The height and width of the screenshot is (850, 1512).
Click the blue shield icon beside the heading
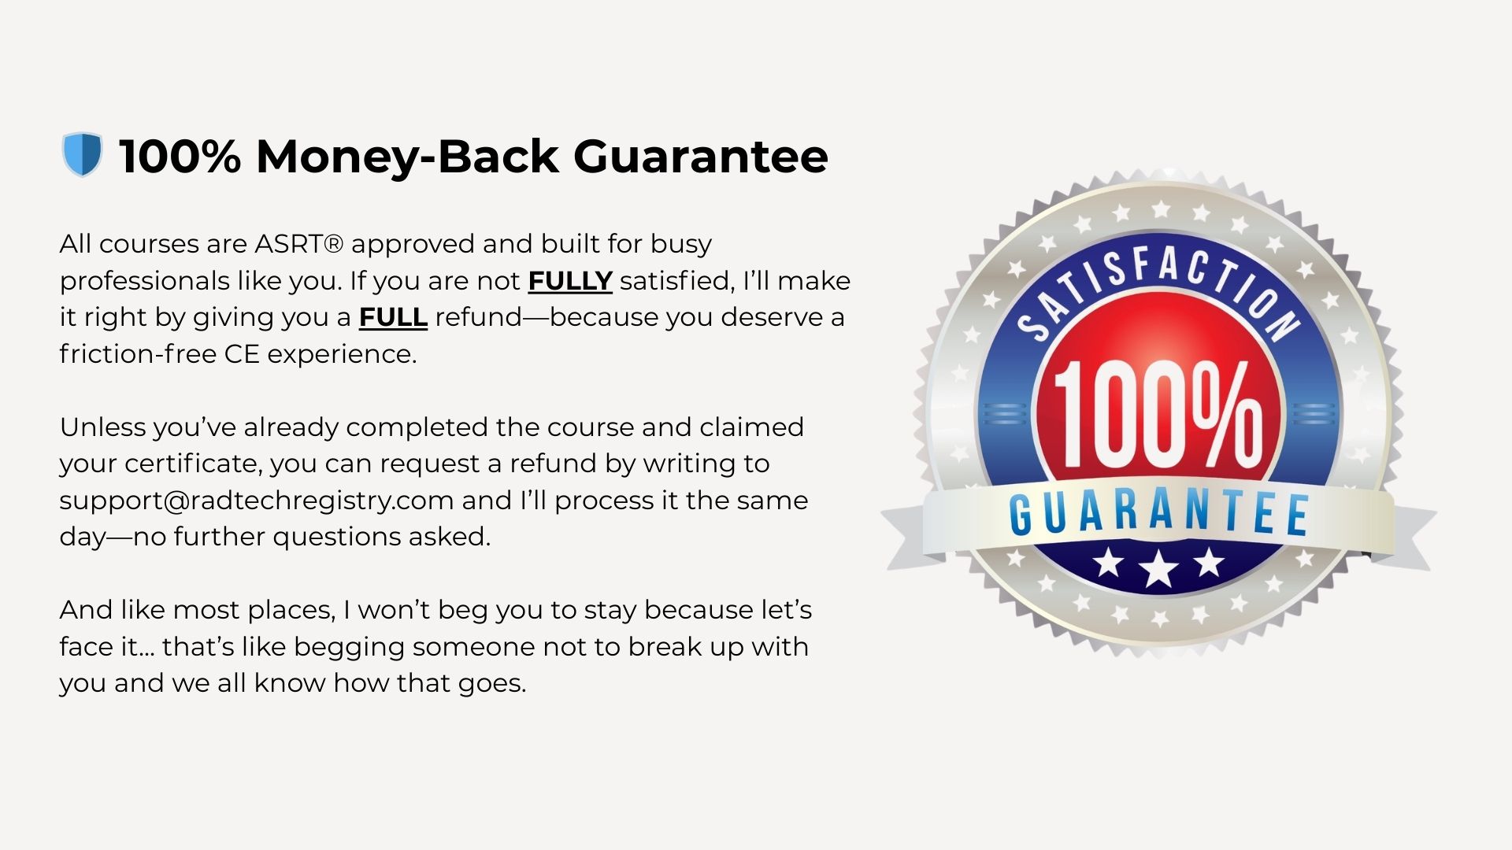click(82, 154)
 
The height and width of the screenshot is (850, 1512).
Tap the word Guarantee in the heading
click(700, 156)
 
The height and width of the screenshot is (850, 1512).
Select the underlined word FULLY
click(569, 281)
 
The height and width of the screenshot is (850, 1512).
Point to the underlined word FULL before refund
click(393, 317)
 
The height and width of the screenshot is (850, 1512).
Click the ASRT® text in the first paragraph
click(298, 244)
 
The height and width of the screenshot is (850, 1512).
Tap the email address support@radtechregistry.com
click(257, 501)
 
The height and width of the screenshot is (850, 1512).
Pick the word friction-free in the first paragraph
click(138, 354)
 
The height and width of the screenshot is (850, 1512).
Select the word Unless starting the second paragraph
click(102, 427)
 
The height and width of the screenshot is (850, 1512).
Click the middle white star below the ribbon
click(1158, 568)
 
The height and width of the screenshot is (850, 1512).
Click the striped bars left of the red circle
click(1003, 414)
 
